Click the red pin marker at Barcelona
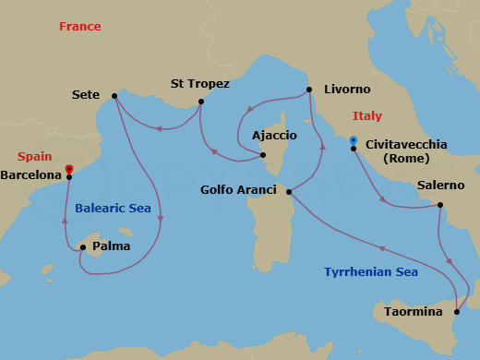(x=69, y=170)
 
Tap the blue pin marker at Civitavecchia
(x=353, y=141)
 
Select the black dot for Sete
(x=114, y=95)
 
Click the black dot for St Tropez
(x=200, y=102)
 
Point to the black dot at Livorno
(x=309, y=90)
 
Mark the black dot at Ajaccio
(x=263, y=155)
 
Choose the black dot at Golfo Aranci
(x=290, y=192)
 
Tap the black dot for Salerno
(x=439, y=205)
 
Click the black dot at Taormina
(x=455, y=313)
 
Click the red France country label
(x=79, y=27)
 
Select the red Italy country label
(x=366, y=116)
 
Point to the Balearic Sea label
(x=113, y=209)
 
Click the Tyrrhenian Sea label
(x=371, y=271)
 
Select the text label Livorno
(x=347, y=90)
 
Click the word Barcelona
(x=32, y=174)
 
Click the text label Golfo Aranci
(x=238, y=190)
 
